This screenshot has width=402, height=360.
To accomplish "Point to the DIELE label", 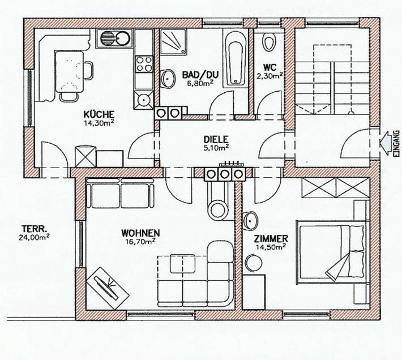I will point(216,139).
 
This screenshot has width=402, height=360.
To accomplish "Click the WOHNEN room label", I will point(139,233).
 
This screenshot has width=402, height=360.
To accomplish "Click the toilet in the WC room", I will point(270,42).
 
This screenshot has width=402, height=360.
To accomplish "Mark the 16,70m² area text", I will point(139,242).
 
